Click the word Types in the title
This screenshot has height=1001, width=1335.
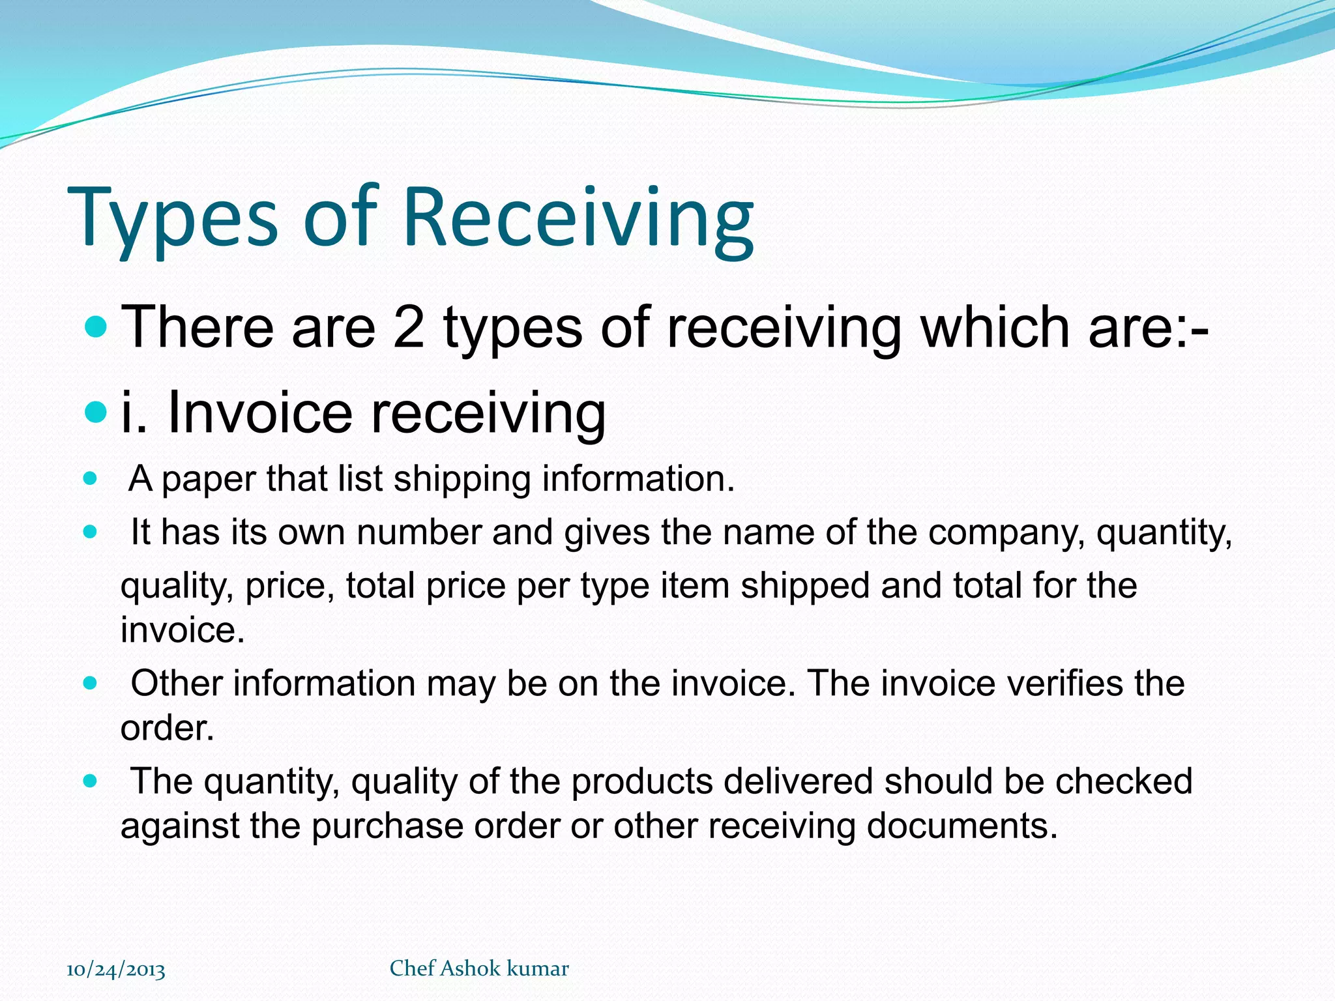point(173,218)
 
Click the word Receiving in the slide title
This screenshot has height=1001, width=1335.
point(579,218)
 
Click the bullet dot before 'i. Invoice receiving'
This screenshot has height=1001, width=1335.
point(96,412)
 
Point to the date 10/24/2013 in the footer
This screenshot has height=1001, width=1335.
point(116,969)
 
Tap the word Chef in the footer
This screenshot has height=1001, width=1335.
point(412,968)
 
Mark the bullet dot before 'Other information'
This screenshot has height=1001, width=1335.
point(91,683)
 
